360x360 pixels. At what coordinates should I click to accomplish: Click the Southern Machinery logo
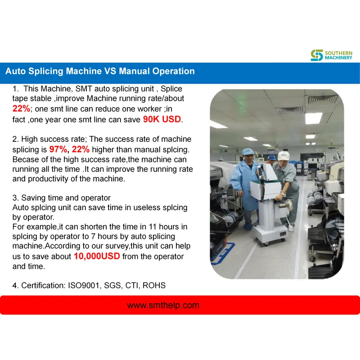tap(331, 55)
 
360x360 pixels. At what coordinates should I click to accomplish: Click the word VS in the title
tap(110, 71)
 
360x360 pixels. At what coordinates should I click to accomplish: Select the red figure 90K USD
tap(162, 119)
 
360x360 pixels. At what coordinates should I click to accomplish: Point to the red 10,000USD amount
tap(97, 256)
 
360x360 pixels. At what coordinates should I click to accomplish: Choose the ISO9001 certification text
tap(84, 285)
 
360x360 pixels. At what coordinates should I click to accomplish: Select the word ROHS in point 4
tap(154, 285)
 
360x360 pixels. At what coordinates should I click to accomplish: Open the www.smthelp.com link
tap(163, 305)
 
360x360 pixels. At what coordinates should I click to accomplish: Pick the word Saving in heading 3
tap(32, 198)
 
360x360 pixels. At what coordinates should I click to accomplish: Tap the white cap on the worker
tap(283, 156)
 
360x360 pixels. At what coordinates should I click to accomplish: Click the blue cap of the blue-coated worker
tap(247, 151)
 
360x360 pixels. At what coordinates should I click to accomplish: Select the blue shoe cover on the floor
tap(247, 227)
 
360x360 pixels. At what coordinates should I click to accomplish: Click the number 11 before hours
tap(153, 227)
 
